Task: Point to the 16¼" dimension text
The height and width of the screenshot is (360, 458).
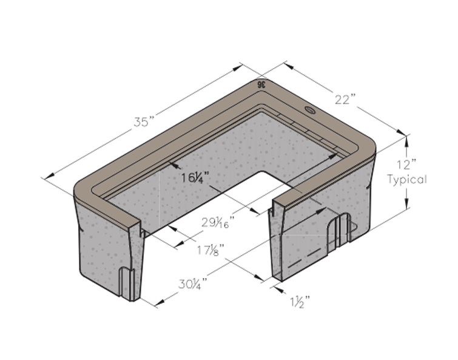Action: (x=195, y=178)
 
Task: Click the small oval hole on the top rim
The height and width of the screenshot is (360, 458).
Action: (x=310, y=110)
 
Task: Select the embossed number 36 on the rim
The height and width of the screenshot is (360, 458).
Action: (x=261, y=85)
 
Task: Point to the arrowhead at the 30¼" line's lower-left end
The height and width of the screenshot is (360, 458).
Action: (x=160, y=302)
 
